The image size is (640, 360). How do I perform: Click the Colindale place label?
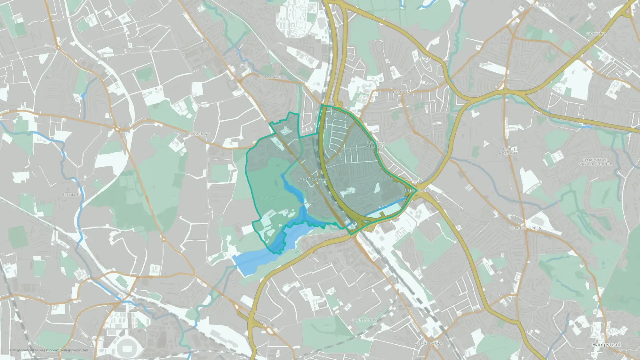coord(269,77)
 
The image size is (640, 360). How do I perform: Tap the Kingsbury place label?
coord(198,134)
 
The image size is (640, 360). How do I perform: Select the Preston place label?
coord(71,195)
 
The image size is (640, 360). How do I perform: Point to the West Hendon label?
coord(313,180)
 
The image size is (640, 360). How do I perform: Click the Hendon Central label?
coord(376,144)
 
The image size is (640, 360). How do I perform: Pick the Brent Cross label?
coord(417,191)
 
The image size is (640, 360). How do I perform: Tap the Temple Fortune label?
coord(508,151)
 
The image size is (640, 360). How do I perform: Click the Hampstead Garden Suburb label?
coord(595,162)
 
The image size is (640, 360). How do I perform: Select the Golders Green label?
coord(525,228)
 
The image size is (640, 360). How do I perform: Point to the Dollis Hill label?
coord(364,320)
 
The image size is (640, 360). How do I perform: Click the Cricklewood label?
coord(429,343)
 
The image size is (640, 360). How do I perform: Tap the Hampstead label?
coord(606,345)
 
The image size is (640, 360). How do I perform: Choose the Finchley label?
coord(596,34)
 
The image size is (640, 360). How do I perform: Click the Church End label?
coord(542,5)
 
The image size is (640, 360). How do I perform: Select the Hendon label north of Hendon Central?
coord(401,92)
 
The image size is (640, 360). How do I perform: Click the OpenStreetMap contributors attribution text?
coord(69,350)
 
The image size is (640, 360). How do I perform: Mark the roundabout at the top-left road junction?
coord(58,48)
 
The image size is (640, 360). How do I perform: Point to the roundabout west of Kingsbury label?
coord(117,129)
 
